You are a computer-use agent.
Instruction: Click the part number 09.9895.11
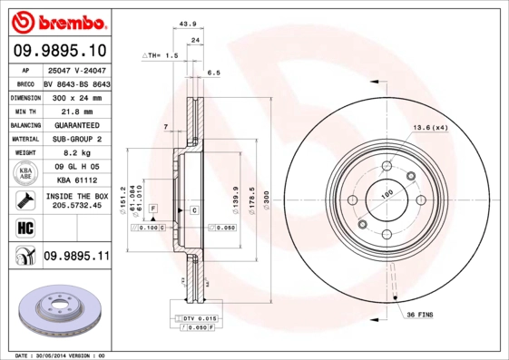pos(76,258)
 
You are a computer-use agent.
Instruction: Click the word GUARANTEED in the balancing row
pos(76,124)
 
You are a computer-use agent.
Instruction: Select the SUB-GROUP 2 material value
pos(76,139)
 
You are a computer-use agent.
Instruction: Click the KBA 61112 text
pos(76,181)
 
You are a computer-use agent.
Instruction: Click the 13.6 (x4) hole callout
pos(430,127)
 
